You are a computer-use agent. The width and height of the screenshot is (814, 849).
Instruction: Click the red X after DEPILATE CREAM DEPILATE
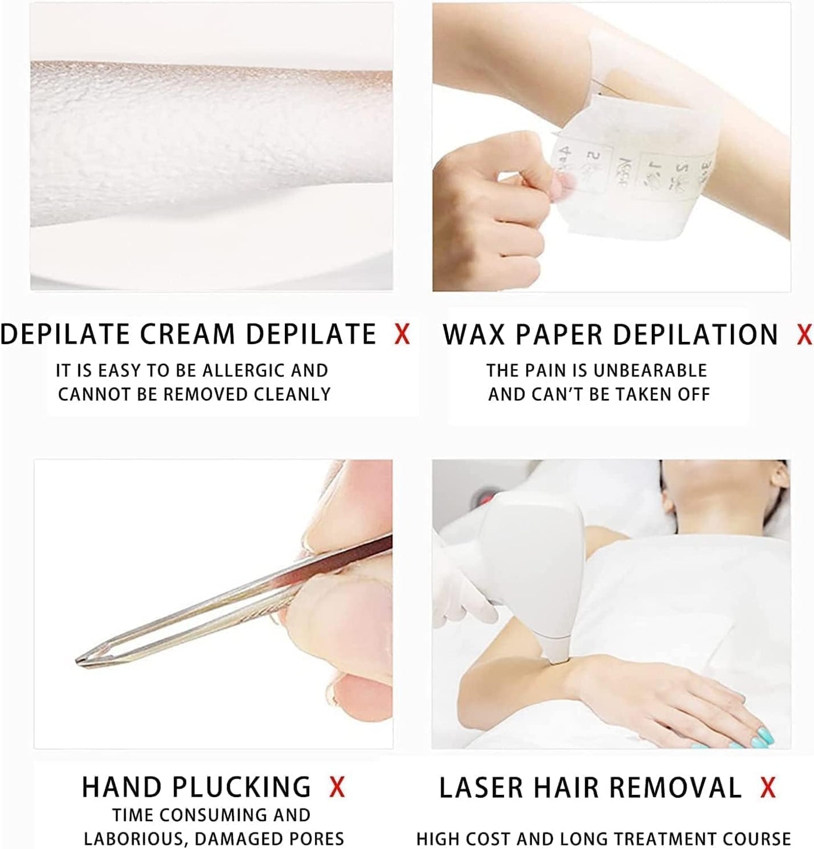402,335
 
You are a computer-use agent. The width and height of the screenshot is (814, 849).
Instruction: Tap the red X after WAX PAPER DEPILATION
804,335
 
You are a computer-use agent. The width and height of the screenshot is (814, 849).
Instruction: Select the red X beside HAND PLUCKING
337,788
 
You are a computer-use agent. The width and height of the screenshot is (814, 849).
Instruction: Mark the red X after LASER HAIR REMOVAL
768,788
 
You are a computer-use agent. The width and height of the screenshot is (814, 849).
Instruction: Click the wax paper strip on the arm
634,169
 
